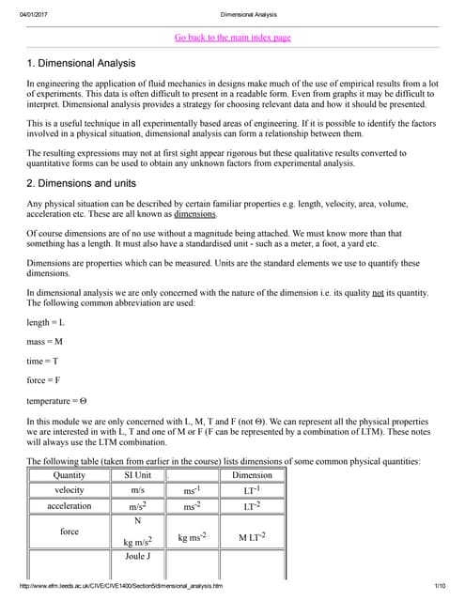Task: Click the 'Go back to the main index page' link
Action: click(233, 38)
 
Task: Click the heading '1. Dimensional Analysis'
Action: click(81, 63)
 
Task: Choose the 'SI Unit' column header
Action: click(137, 475)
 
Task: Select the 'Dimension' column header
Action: click(252, 475)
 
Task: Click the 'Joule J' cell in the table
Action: click(137, 556)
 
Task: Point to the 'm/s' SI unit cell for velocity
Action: click(137, 490)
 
